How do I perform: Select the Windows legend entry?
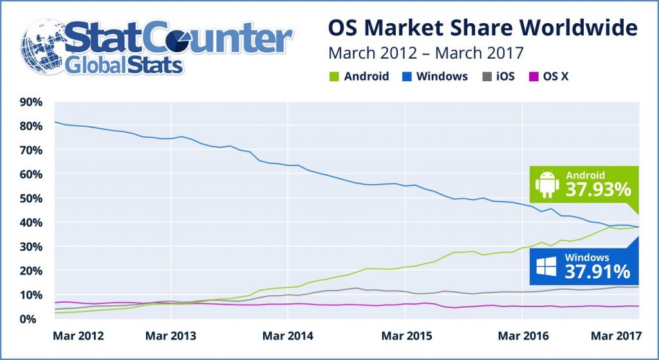click(435, 76)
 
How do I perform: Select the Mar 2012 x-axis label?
click(79, 336)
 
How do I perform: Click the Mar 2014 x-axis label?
click(288, 336)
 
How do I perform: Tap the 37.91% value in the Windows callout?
click(598, 271)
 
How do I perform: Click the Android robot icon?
click(548, 184)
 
